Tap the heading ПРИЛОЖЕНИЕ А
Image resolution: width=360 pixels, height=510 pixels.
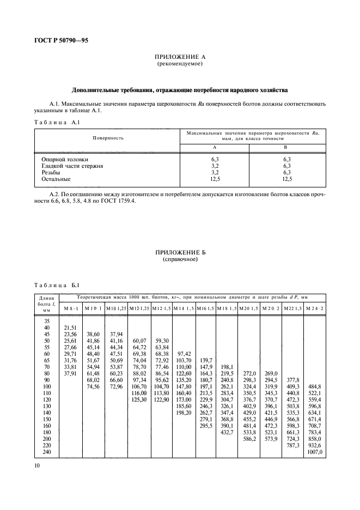[x=180, y=57]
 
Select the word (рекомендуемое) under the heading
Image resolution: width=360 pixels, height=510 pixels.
[x=180, y=64]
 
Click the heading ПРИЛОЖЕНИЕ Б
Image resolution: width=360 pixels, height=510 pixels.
[x=180, y=253]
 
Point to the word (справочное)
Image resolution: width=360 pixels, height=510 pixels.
[x=180, y=259]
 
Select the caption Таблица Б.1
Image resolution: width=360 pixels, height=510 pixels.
[x=57, y=285]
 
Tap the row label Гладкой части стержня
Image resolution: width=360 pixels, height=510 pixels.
[x=72, y=165]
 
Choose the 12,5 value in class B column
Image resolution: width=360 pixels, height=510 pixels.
[x=287, y=178]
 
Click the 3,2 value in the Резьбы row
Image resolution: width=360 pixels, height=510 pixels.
[x=214, y=172]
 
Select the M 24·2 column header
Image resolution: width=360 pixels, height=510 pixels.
[x=314, y=309]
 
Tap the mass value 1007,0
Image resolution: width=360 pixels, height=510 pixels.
[x=315, y=452]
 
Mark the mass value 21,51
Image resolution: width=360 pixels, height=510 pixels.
[x=71, y=326]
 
